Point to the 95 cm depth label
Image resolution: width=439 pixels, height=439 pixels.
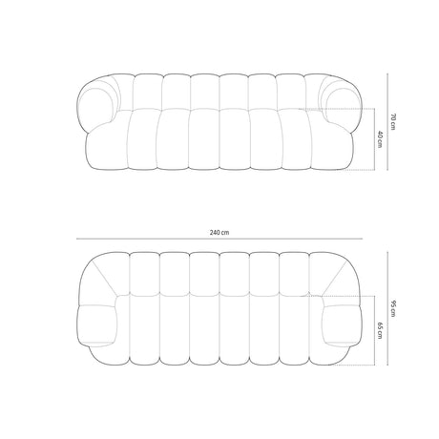(393, 308)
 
